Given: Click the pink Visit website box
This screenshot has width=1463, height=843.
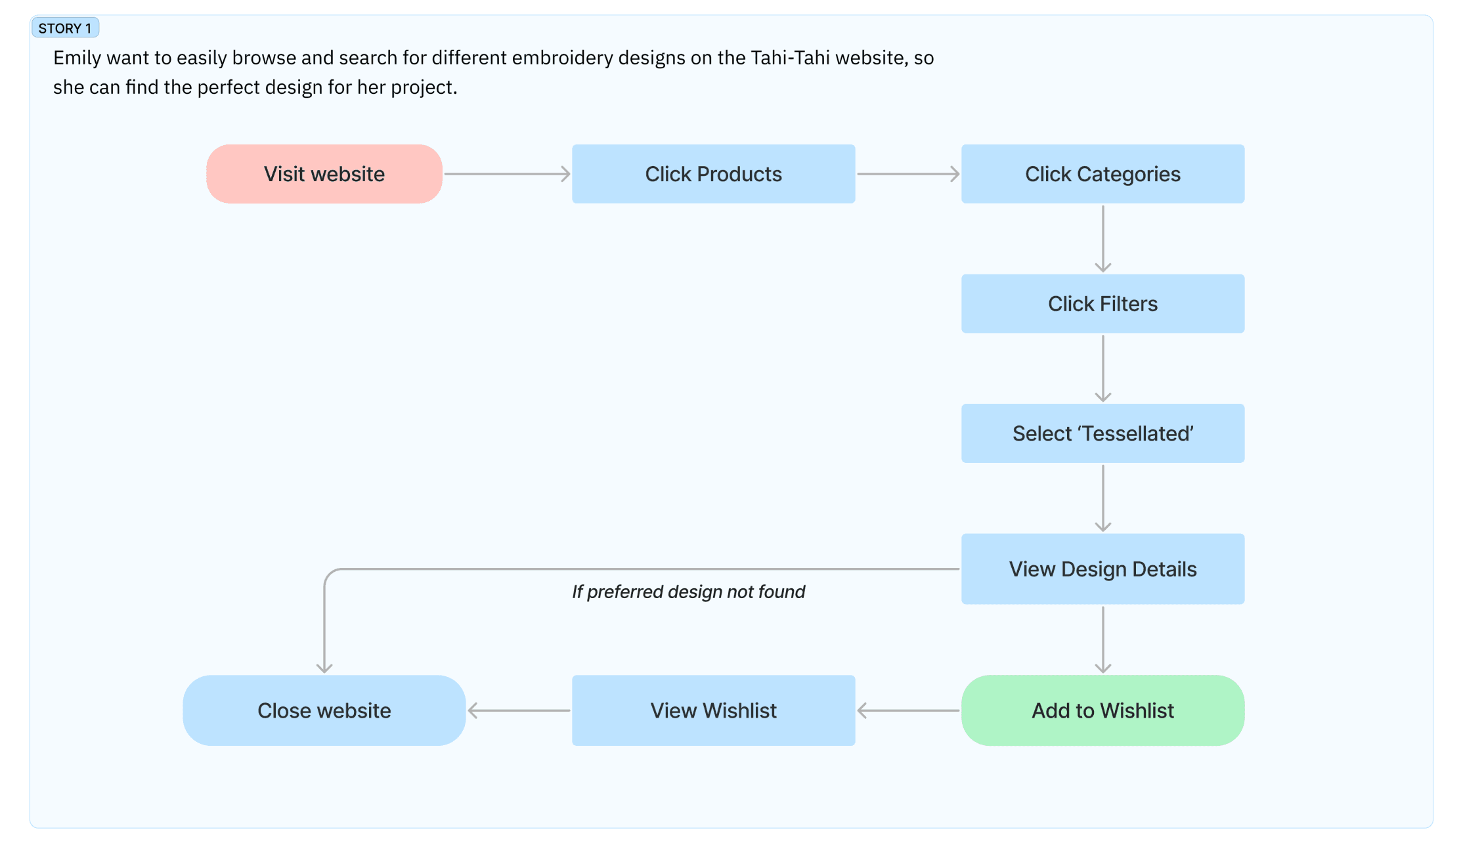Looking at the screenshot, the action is (x=324, y=174).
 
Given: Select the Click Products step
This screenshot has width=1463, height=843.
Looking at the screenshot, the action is (x=713, y=174).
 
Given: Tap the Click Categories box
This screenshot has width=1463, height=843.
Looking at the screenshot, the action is (x=1103, y=174).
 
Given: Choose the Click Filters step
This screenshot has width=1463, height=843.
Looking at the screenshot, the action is (x=1103, y=303).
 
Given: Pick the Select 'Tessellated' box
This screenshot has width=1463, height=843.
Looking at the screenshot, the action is (x=1103, y=433).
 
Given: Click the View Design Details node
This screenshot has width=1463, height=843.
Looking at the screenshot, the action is (x=1103, y=569).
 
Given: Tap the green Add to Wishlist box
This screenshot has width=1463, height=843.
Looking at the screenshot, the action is (x=1103, y=710).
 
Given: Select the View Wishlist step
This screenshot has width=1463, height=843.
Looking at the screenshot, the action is (x=713, y=710).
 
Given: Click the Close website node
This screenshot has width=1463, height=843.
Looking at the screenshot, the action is (x=324, y=710).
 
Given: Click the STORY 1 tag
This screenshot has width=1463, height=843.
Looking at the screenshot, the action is (x=65, y=28).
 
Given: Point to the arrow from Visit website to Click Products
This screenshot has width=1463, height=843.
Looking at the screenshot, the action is (x=507, y=174).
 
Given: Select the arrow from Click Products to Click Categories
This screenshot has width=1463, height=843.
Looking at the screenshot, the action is (x=908, y=174).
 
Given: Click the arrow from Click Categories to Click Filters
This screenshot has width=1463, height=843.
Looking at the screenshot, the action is (x=1103, y=239).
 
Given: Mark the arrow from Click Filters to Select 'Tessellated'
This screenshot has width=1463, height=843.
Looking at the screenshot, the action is (x=1103, y=368).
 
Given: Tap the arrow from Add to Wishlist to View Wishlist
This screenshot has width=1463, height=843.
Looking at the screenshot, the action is (x=908, y=710).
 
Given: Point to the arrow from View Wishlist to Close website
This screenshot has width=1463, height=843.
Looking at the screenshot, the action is (x=519, y=710).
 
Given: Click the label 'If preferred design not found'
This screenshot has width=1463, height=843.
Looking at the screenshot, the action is (x=688, y=592).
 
